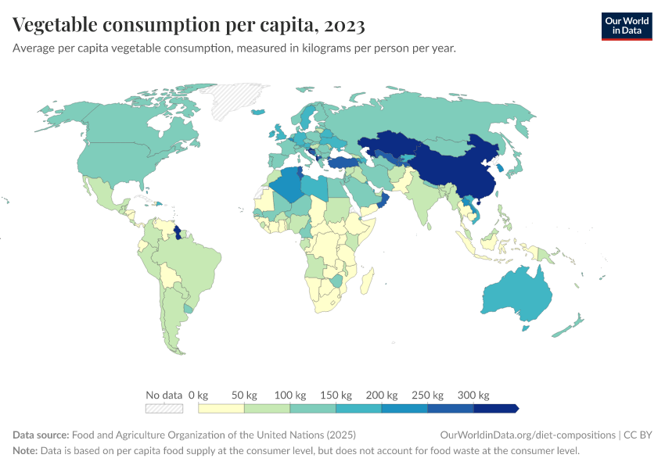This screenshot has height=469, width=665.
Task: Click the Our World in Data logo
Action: (626, 26)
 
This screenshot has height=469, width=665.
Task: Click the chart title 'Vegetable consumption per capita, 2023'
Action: (189, 26)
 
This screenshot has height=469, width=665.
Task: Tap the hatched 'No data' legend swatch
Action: (164, 408)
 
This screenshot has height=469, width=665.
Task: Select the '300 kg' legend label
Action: (473, 395)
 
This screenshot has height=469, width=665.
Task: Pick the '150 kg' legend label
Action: (335, 395)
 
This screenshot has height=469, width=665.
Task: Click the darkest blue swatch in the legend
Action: (495, 408)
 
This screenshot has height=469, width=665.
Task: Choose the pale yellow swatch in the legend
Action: (221, 408)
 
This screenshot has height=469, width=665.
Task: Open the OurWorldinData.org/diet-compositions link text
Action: (527, 435)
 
